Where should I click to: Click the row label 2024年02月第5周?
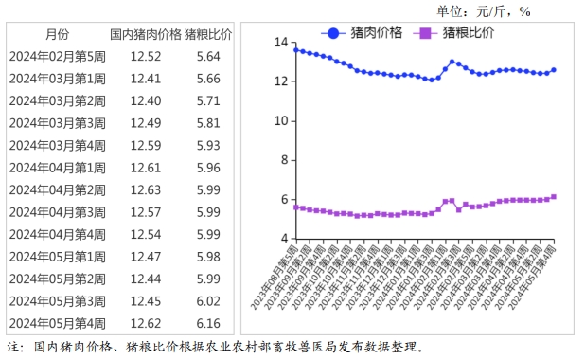57,57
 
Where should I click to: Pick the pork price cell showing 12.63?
146,189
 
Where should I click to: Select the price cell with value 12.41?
146,79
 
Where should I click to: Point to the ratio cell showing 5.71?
207,100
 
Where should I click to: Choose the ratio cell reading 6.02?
207,300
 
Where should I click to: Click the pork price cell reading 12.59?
146,145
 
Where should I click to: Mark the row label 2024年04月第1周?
57,168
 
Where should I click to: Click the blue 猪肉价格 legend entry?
363,33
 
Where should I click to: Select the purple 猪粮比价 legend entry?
456,33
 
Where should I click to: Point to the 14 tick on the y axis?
280,43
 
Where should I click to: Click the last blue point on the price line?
554,70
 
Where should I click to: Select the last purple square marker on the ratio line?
554,197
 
